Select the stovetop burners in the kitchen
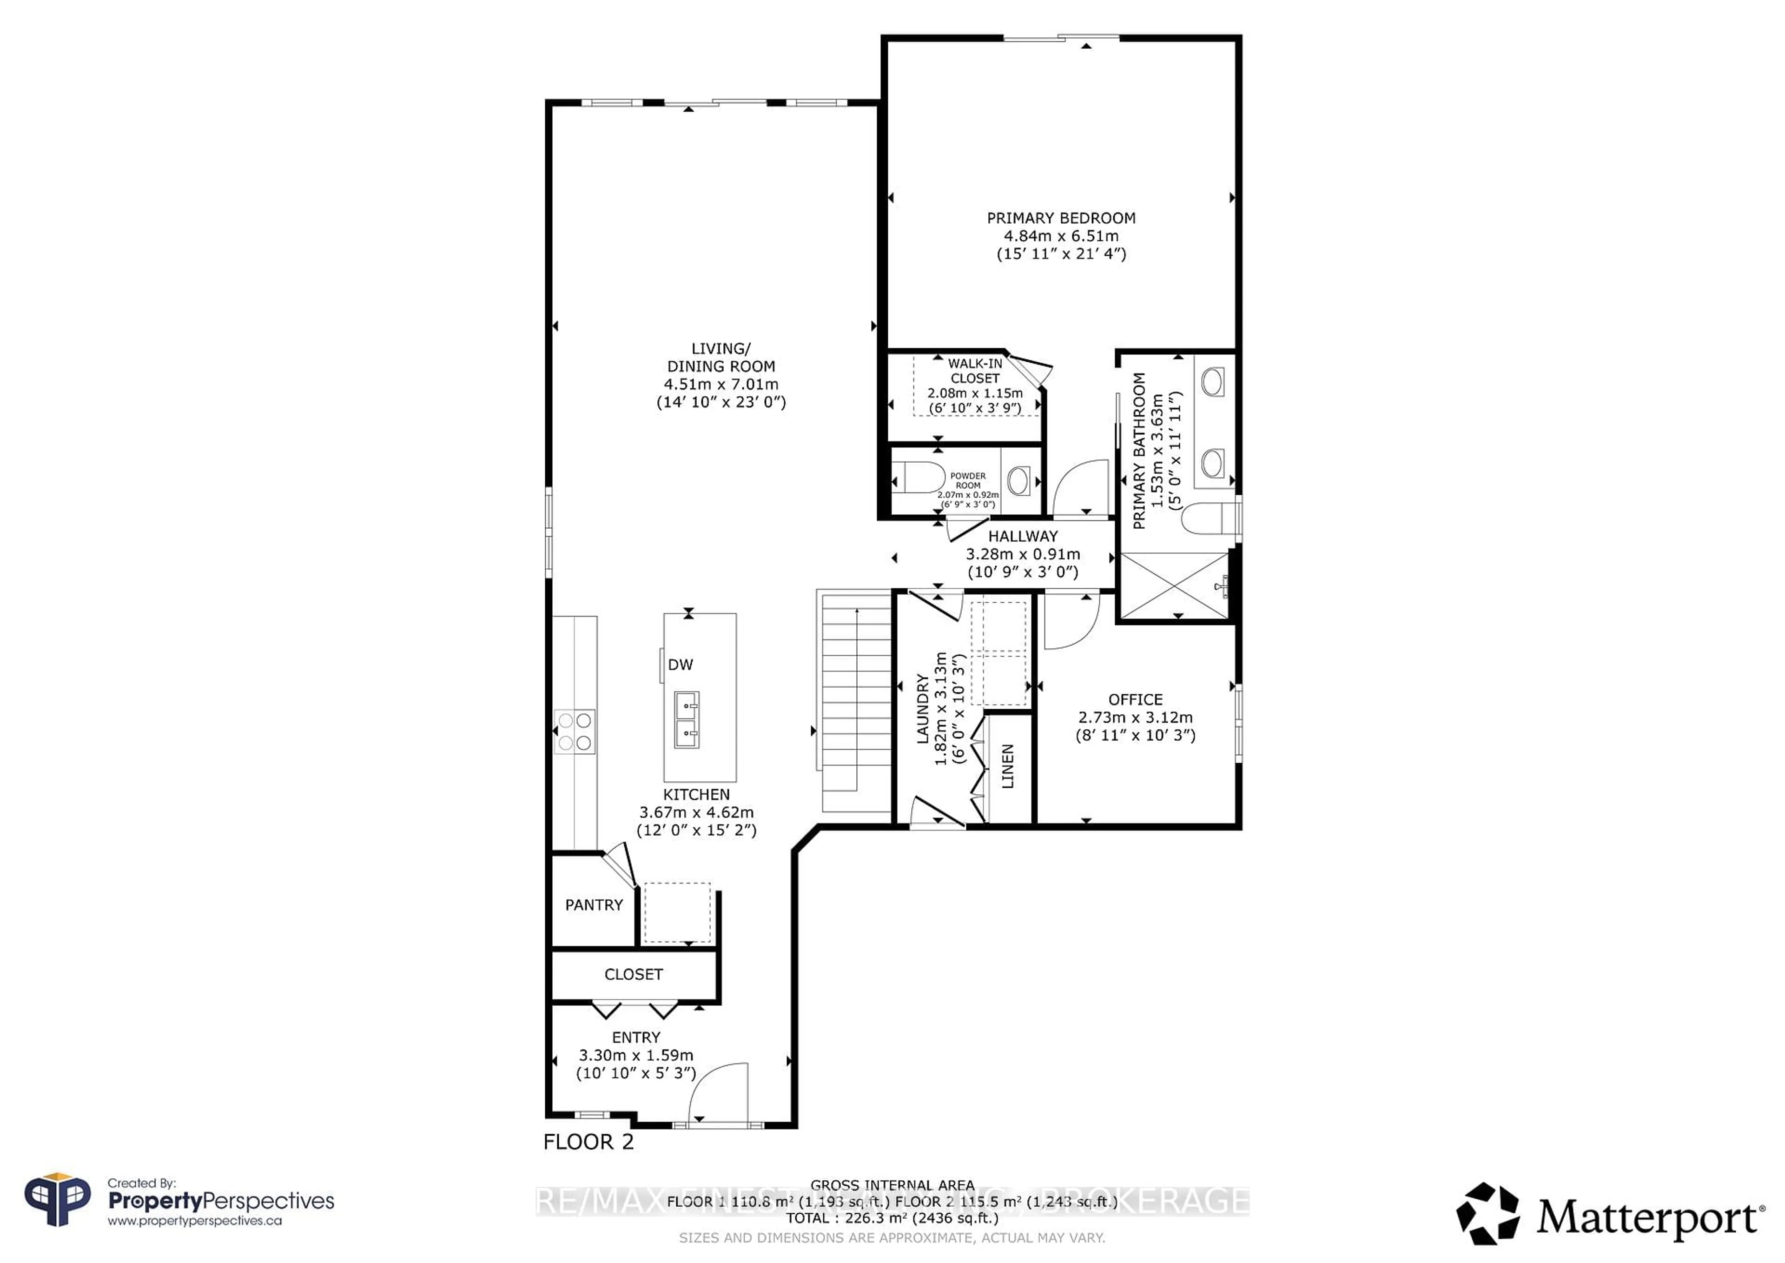click(575, 732)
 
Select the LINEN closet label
click(1008, 767)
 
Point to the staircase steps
click(855, 700)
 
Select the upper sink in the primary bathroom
click(1212, 382)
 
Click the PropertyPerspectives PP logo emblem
click(58, 1201)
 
